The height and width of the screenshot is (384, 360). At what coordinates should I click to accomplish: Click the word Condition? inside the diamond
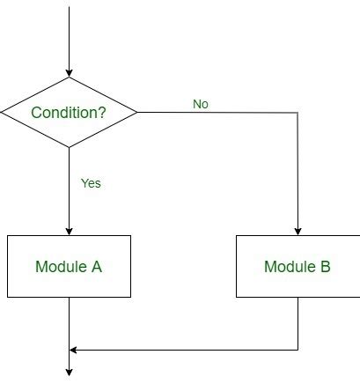[x=69, y=113]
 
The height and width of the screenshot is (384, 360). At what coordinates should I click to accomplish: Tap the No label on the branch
[x=201, y=104]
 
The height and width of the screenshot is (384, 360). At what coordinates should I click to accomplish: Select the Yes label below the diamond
[x=91, y=183]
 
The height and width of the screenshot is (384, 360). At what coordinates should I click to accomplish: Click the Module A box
[x=69, y=266]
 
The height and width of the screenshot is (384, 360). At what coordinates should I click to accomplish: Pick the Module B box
[x=298, y=266]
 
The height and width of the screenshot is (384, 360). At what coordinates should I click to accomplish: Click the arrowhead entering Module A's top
[x=69, y=230]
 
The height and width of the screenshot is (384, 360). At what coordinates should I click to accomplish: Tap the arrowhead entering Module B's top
[x=298, y=230]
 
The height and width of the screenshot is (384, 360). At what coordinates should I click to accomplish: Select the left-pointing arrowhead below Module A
[x=74, y=350]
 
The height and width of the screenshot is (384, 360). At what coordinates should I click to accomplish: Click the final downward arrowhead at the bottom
[x=69, y=371]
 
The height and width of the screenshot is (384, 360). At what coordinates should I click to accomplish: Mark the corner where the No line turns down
[x=298, y=113]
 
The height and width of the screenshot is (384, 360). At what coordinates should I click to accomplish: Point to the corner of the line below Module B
[x=298, y=350]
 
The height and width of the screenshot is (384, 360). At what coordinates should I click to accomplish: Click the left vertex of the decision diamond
[x=2, y=113]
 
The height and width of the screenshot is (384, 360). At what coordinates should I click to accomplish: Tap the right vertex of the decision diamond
[x=137, y=113]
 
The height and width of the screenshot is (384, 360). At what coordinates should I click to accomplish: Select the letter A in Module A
[x=96, y=266]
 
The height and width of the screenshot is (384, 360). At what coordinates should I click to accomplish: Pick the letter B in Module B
[x=325, y=266]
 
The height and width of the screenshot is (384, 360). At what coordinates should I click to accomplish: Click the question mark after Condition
[x=102, y=113]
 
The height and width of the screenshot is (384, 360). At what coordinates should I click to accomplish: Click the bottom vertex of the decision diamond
[x=69, y=147]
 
